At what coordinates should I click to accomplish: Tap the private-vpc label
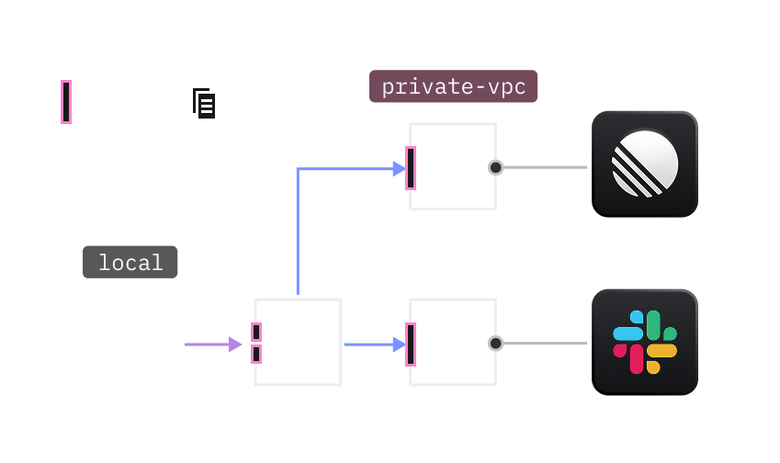click(x=453, y=87)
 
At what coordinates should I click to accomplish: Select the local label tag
click(x=130, y=262)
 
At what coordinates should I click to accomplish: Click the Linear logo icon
click(x=645, y=164)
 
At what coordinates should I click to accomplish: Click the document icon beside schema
click(x=204, y=103)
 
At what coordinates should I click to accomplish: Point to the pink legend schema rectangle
click(x=65, y=101)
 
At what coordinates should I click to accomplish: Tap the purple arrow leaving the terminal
click(x=212, y=344)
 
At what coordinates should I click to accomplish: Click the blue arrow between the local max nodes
click(x=373, y=344)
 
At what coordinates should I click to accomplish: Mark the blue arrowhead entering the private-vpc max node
click(x=398, y=168)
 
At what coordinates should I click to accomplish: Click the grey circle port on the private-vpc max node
click(x=496, y=167)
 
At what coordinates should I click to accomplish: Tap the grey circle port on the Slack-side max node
click(x=496, y=344)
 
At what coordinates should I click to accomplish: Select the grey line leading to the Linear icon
click(x=544, y=167)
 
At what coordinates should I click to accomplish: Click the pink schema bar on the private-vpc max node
click(x=411, y=167)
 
